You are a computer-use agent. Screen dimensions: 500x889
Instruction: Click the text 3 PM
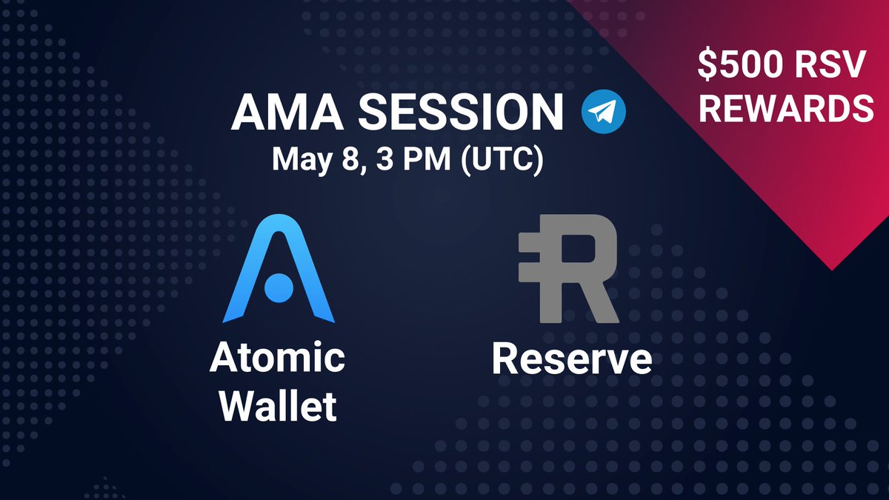pos(397,160)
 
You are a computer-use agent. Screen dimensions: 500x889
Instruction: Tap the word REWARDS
pos(787,110)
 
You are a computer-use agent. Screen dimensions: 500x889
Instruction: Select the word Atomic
pos(277,359)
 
